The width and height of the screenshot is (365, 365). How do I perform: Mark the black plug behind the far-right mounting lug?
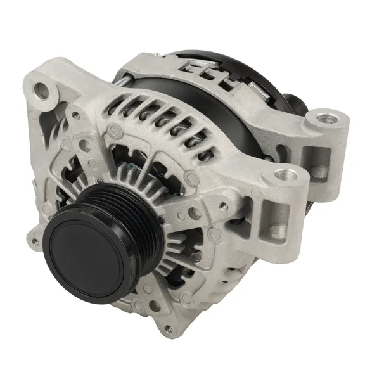[x=293, y=101]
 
